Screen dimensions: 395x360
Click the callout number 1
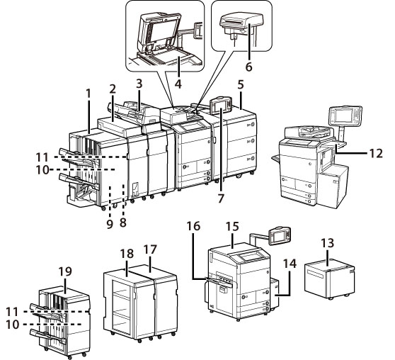tap(88, 94)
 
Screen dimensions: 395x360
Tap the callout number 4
tap(178, 84)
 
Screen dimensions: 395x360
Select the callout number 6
tap(248, 67)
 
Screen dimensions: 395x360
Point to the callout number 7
tap(221, 198)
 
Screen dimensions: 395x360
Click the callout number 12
tap(376, 153)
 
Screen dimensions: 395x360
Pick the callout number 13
tap(328, 243)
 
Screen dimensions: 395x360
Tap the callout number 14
tap(290, 264)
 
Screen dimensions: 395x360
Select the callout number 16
tap(193, 226)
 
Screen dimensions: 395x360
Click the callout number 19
tap(65, 271)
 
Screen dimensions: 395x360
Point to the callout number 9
tap(110, 224)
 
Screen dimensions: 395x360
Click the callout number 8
tap(123, 223)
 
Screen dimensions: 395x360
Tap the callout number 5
tap(241, 85)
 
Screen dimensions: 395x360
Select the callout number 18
tap(127, 253)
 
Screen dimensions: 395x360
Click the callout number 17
tap(150, 249)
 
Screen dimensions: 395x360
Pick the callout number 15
tap(232, 226)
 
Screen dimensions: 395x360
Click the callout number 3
tap(139, 84)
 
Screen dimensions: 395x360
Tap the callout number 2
tap(113, 89)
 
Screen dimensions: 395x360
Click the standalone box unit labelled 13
tap(329, 279)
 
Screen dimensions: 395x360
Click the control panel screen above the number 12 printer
tap(345, 116)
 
